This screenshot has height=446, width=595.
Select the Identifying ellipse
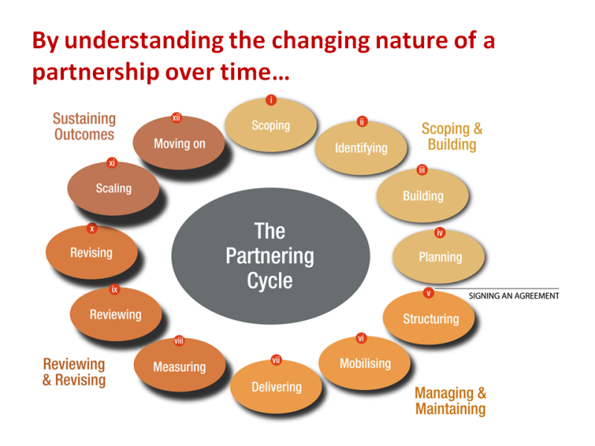[x=361, y=148]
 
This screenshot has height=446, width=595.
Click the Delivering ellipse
[x=276, y=387]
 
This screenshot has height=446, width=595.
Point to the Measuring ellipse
[x=179, y=367]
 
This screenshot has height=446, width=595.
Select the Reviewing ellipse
[x=115, y=315]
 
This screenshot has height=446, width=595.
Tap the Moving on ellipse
[x=178, y=143]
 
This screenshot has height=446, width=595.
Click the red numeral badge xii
[x=176, y=117]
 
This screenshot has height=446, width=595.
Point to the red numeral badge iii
[x=422, y=170]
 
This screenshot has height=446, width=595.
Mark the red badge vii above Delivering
[x=276, y=361]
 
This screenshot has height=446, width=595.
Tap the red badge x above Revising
[x=91, y=228]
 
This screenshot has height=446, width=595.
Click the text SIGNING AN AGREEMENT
[x=514, y=296]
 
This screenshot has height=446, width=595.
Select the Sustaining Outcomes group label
[x=84, y=126]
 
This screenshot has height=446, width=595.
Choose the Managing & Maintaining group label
[x=450, y=401]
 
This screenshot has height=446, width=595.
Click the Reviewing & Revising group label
[x=74, y=372]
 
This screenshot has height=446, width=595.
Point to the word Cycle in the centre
[x=270, y=281]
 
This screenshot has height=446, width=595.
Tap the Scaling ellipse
[x=113, y=189]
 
